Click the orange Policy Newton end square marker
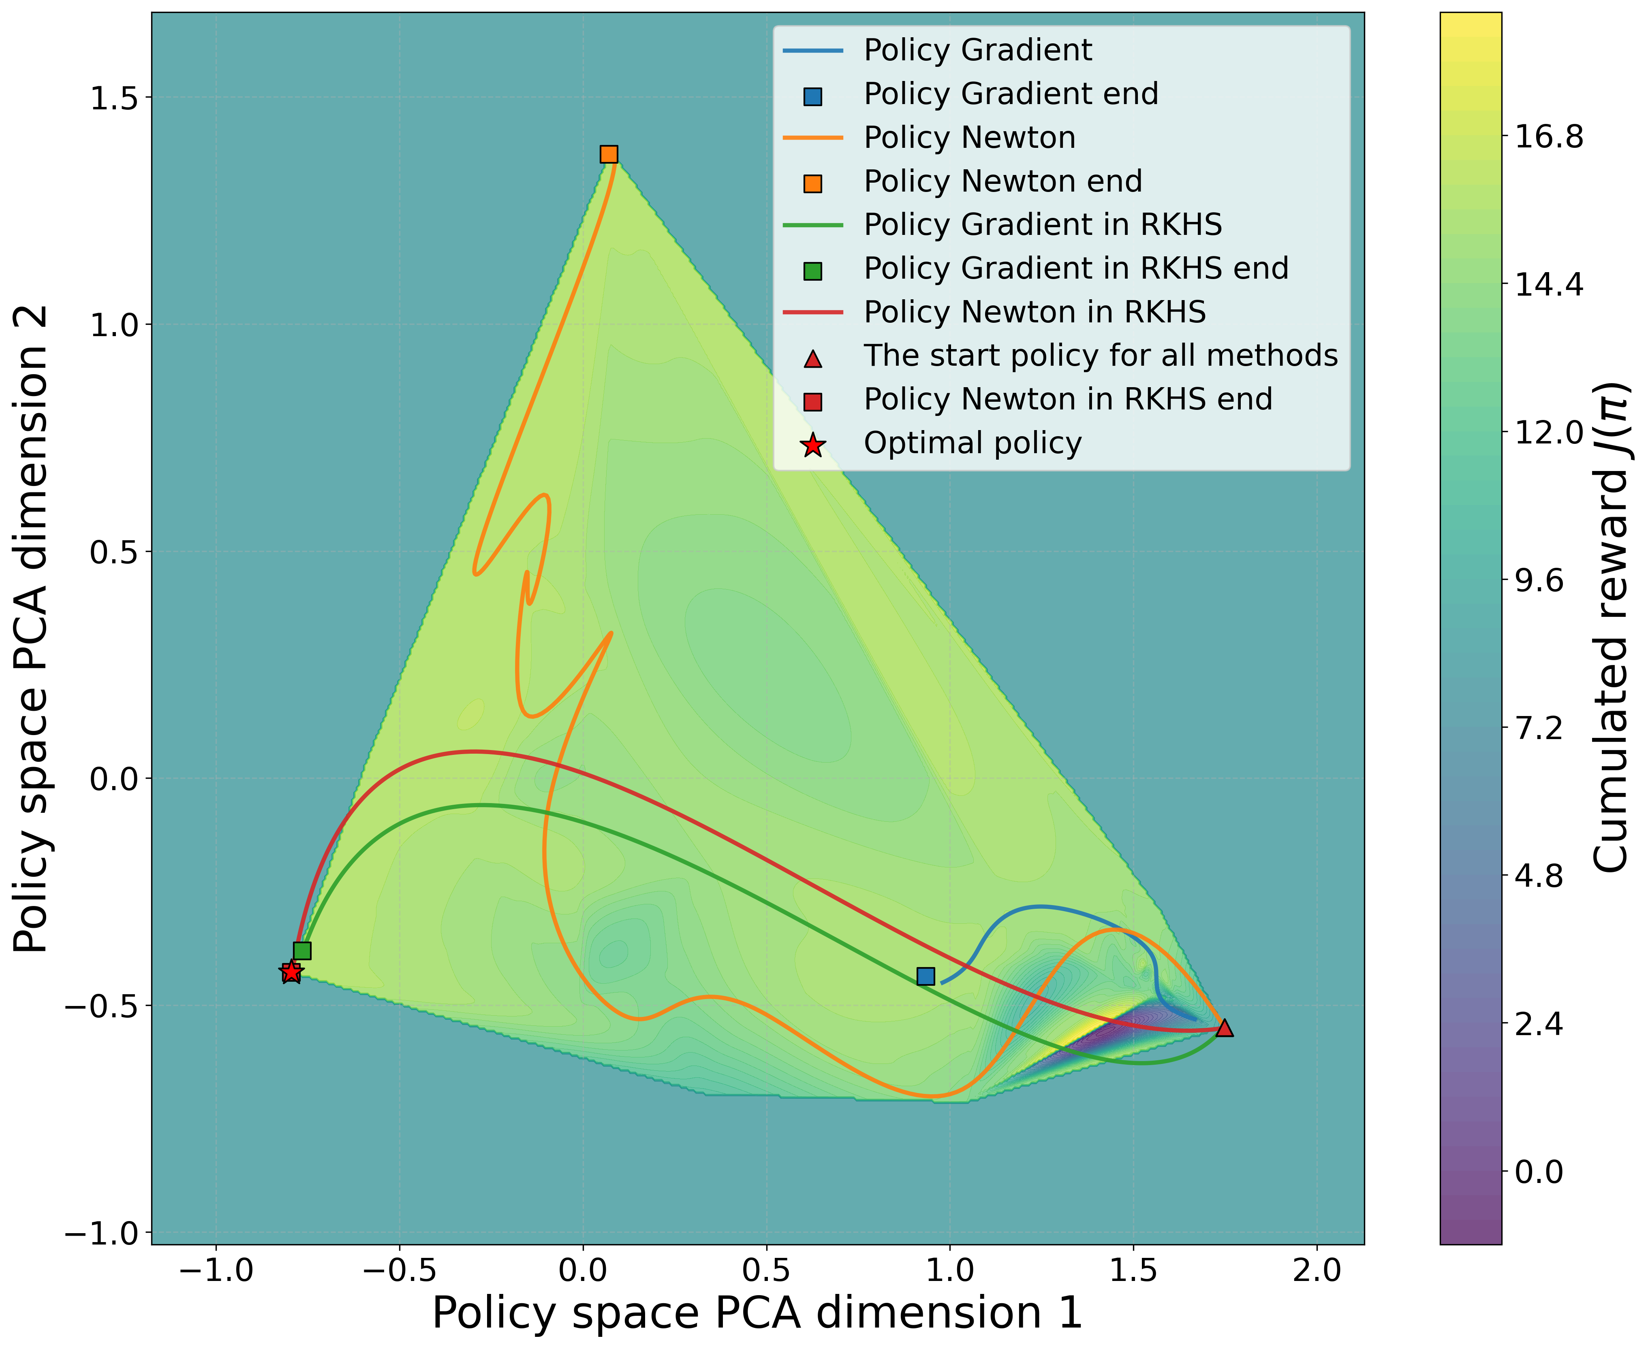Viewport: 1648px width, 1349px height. pyautogui.click(x=609, y=154)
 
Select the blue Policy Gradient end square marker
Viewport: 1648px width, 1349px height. pyautogui.click(x=925, y=976)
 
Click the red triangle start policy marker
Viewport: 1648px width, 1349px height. pyautogui.click(x=1224, y=1028)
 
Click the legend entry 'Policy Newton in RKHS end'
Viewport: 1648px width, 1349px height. pyautogui.click(x=1067, y=399)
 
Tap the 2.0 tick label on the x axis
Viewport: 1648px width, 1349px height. pyautogui.click(x=1317, y=1270)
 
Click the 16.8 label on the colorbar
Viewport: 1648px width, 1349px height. pyautogui.click(x=1548, y=137)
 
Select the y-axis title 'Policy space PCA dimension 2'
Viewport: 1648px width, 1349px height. pyautogui.click(x=33, y=629)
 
